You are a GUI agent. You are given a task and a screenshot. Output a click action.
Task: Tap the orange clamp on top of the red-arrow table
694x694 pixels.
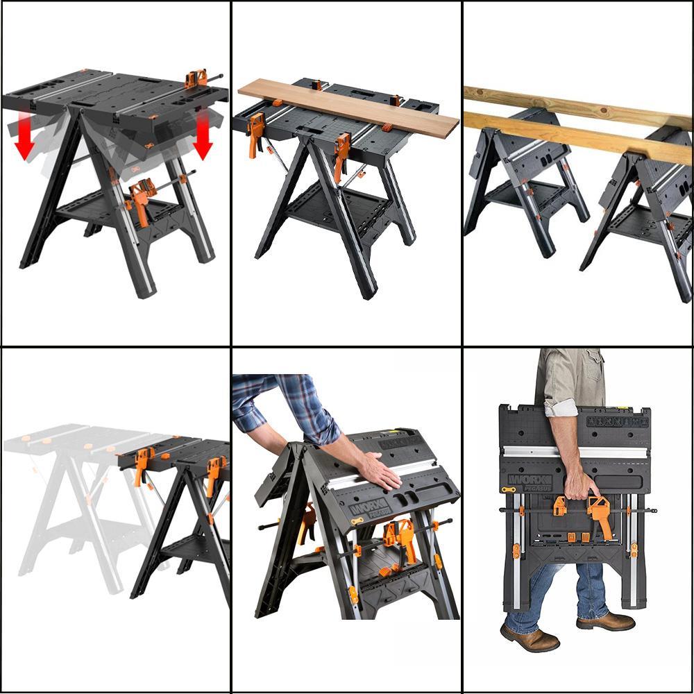pos(196,78)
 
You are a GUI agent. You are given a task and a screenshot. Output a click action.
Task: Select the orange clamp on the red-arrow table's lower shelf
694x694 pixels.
pos(141,201)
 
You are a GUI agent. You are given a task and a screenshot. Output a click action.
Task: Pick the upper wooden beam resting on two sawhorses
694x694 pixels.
pos(576,104)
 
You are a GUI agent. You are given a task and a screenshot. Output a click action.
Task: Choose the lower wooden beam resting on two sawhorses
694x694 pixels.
pos(576,136)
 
